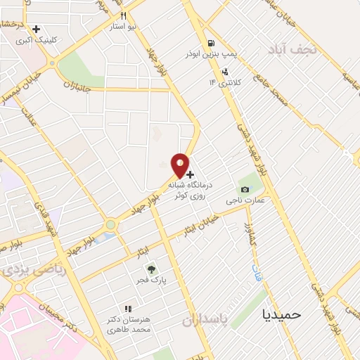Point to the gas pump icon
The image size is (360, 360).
[211, 43]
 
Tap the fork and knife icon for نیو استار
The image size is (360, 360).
[124, 15]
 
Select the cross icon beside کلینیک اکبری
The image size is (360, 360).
[36, 29]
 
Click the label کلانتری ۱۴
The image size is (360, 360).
[224, 82]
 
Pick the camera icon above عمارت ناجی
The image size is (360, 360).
[244, 189]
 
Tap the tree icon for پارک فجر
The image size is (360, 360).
[150, 269]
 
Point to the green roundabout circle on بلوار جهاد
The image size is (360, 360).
[110, 225]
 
